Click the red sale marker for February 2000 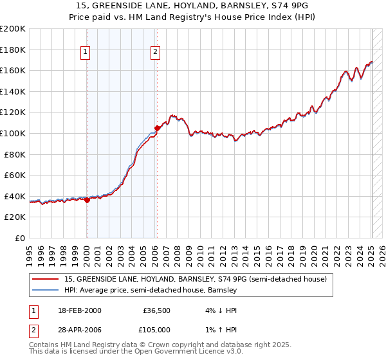87,200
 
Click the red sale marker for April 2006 157,128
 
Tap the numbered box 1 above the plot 86,53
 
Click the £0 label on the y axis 20,238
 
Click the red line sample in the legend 46,280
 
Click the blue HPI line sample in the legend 46,291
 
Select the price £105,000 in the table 156,329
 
